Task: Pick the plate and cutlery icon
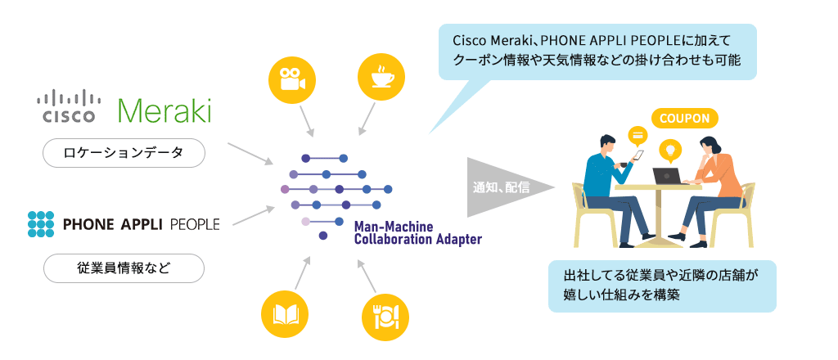(x=385, y=315)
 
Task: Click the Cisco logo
(x=69, y=106)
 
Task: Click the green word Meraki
(x=164, y=109)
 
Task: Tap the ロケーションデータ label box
(x=124, y=153)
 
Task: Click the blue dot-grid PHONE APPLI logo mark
(x=40, y=223)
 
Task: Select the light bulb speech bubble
(x=671, y=150)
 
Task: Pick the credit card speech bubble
(x=636, y=134)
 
